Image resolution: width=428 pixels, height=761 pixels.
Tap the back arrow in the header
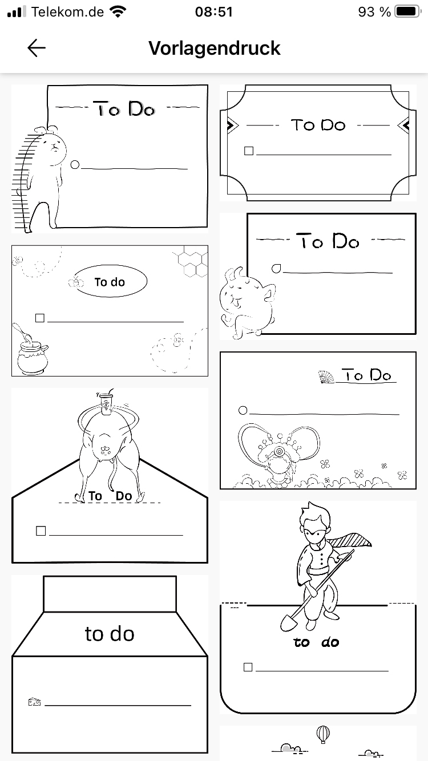(37, 48)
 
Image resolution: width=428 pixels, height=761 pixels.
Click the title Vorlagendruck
(214, 48)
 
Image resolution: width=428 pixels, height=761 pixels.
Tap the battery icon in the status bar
(407, 12)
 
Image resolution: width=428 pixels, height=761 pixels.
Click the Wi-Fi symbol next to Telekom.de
(118, 12)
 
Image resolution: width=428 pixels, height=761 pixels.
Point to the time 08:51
(214, 12)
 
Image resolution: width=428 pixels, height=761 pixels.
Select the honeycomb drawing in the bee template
(191, 261)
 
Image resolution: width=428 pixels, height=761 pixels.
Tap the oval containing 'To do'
(111, 281)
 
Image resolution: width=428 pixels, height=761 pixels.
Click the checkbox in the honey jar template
(40, 318)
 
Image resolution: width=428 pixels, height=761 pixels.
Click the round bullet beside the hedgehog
(75, 165)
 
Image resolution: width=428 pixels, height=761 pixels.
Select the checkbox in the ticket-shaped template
(249, 151)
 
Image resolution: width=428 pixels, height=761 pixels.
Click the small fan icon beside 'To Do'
(326, 377)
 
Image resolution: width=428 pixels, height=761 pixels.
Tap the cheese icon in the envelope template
(34, 702)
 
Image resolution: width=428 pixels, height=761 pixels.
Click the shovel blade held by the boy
(288, 623)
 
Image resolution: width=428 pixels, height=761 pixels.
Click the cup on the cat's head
(106, 405)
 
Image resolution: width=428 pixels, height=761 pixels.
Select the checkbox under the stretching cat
(41, 531)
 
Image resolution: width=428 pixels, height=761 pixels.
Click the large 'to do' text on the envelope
(110, 634)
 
